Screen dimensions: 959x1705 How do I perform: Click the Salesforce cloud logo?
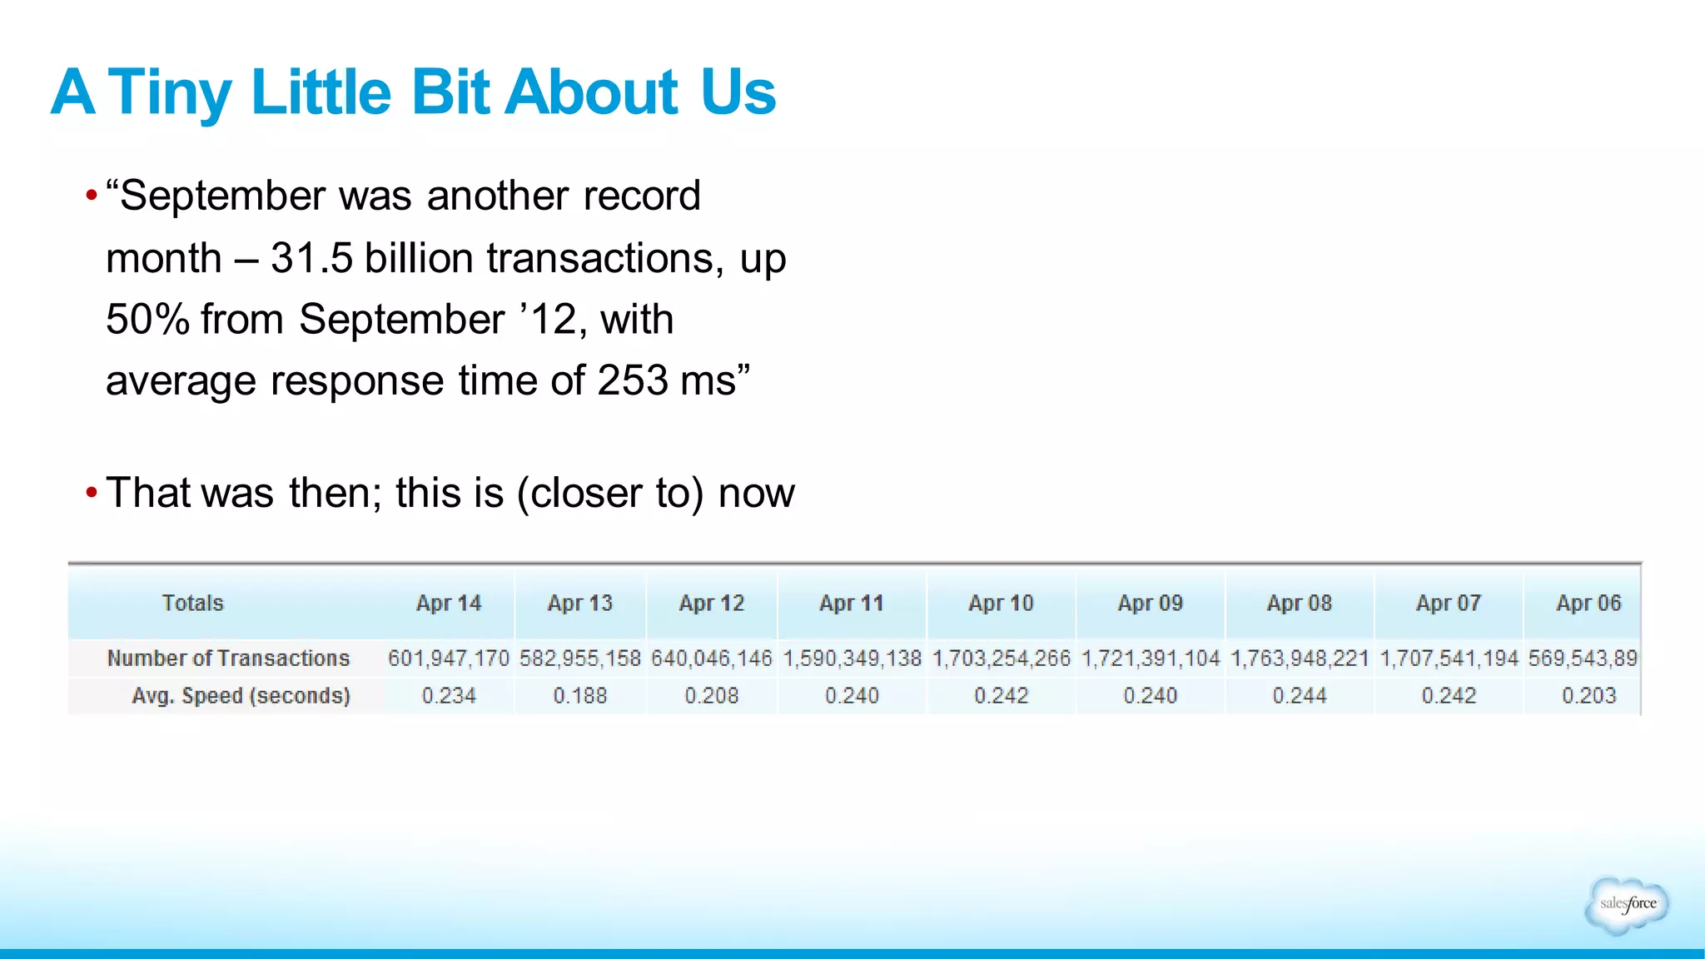[x=1628, y=904]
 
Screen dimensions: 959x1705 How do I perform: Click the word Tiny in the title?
[x=170, y=92]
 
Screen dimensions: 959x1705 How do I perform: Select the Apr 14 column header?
[x=449, y=604]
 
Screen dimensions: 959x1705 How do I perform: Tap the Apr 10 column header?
[x=1001, y=604]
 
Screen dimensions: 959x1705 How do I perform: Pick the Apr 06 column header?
[x=1588, y=604]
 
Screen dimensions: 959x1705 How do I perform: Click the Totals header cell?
[x=193, y=604]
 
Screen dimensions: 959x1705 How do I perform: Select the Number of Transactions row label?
[x=228, y=658]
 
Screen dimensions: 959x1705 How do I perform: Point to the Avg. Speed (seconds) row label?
[x=241, y=696]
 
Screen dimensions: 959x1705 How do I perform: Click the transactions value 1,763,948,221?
[x=1300, y=658]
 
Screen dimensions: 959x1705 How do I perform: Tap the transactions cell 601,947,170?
[x=449, y=658]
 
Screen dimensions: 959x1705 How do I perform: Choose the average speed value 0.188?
[x=580, y=696]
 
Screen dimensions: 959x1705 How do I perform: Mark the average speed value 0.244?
[x=1300, y=696]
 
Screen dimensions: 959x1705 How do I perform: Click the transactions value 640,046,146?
[x=712, y=658]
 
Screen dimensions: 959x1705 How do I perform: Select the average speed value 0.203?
[x=1588, y=696]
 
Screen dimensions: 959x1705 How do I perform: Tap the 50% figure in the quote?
[x=147, y=320]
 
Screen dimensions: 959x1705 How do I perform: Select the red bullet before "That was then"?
[x=92, y=493]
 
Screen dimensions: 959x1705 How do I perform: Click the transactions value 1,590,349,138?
[x=852, y=658]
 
